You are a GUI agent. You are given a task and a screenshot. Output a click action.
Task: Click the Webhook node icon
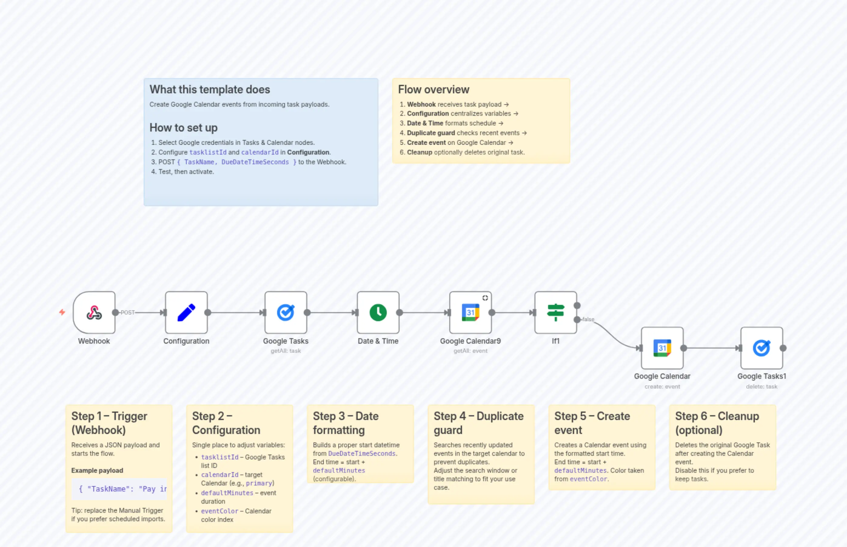tap(94, 312)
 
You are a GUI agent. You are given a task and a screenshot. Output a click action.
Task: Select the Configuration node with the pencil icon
tap(186, 312)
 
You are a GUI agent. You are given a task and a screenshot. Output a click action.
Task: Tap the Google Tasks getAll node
tap(286, 312)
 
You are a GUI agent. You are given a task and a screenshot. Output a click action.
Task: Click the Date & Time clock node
tap(378, 312)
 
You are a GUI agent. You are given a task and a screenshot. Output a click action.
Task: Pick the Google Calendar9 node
tap(470, 312)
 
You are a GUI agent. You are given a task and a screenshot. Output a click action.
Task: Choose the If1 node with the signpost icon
tap(556, 312)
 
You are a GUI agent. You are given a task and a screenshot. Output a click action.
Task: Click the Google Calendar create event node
tap(662, 348)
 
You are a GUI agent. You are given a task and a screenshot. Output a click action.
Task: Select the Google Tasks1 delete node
tap(762, 348)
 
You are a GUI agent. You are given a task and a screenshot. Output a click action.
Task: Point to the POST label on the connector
tap(128, 312)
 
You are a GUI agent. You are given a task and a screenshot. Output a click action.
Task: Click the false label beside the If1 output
tap(588, 319)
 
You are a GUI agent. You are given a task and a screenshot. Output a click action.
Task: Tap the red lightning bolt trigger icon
tap(62, 312)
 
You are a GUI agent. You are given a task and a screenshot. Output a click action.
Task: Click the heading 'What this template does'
tap(209, 89)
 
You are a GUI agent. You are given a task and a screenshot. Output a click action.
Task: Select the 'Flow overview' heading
tap(434, 89)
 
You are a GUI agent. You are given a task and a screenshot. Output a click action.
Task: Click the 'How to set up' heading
tap(183, 128)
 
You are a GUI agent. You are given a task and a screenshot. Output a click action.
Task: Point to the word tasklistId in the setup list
tap(208, 152)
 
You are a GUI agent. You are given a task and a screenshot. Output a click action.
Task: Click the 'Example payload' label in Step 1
tap(97, 470)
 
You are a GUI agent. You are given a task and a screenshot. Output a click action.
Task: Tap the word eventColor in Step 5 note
tap(588, 479)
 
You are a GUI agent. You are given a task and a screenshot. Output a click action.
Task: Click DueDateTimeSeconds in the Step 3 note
tap(362, 454)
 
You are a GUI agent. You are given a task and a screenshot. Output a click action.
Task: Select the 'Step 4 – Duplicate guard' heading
tap(478, 423)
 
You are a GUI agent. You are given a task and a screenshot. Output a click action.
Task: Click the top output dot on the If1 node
tap(577, 305)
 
